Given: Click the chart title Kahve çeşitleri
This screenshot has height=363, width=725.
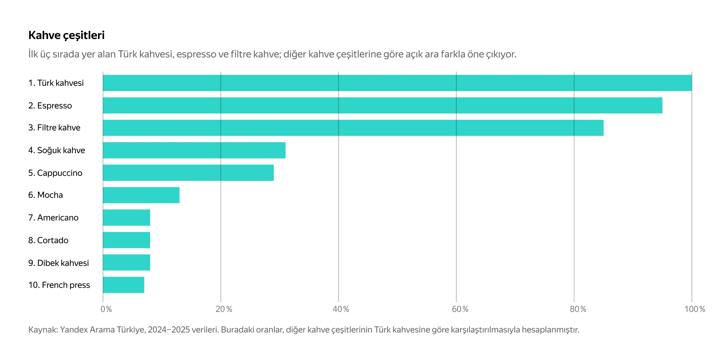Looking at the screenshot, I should pyautogui.click(x=66, y=35).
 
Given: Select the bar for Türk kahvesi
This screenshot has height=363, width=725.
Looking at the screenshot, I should pyautogui.click(x=397, y=83).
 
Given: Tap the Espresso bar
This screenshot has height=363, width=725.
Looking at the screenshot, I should pyautogui.click(x=382, y=106).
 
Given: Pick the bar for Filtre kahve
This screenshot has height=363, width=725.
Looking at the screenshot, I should pyautogui.click(x=353, y=128).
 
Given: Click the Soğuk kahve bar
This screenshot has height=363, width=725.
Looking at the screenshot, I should pyautogui.click(x=194, y=150).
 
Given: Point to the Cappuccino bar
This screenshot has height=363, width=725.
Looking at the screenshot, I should pyautogui.click(x=188, y=173).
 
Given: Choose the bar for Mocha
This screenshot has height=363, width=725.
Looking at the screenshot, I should pyautogui.click(x=141, y=195).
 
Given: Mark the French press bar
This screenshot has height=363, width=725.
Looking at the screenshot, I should pyautogui.click(x=123, y=285).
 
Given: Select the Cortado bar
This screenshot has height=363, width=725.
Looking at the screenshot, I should pyautogui.click(x=126, y=240).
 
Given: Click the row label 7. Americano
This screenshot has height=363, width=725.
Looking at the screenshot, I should pyautogui.click(x=53, y=218).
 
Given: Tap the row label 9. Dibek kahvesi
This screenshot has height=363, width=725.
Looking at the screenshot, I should pyautogui.click(x=58, y=263).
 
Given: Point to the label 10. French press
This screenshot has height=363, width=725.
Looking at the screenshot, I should pyautogui.click(x=59, y=285).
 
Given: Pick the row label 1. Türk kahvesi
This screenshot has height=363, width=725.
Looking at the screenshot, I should pyautogui.click(x=56, y=83).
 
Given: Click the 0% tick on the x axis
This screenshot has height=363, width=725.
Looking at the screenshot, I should pyautogui.click(x=106, y=309).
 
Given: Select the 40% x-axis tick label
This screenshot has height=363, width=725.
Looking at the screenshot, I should pyautogui.click(x=341, y=309).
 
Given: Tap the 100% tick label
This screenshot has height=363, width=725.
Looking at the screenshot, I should pyautogui.click(x=695, y=309).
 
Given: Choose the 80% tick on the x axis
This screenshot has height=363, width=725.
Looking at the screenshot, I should pyautogui.click(x=578, y=309).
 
